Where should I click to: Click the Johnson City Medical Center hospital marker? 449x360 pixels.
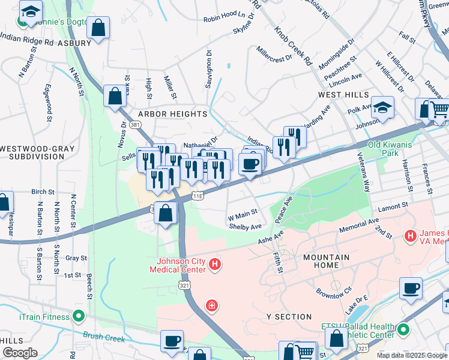coord(215,265)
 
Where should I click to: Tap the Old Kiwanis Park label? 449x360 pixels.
coord(391,149)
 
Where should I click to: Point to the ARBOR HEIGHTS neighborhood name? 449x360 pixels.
coord(173,113)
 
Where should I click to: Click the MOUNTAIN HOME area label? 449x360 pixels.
coord(327,262)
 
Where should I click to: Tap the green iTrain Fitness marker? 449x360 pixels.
coord(78,316)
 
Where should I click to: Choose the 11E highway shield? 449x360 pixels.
coord(198,196)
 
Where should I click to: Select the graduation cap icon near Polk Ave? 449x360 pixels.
coord(382,108)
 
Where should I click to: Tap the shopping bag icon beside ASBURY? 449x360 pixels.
coord(98,28)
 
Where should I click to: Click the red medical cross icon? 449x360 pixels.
coord(211,307)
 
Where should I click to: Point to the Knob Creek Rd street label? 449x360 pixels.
coord(294,46)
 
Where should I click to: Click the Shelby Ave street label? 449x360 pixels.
coord(245,227)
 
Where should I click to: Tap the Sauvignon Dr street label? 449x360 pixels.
coord(209,68)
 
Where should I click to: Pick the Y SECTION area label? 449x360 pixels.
coord(289,316)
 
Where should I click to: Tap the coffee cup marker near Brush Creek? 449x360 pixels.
coord(172,341)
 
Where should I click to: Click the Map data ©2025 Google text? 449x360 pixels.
coord(412,355)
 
